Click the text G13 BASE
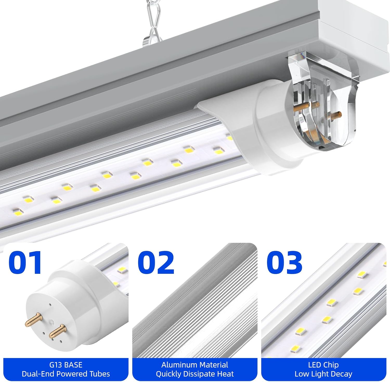(x=66, y=365)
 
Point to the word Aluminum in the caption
(x=177, y=365)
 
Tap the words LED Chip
(x=323, y=365)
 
